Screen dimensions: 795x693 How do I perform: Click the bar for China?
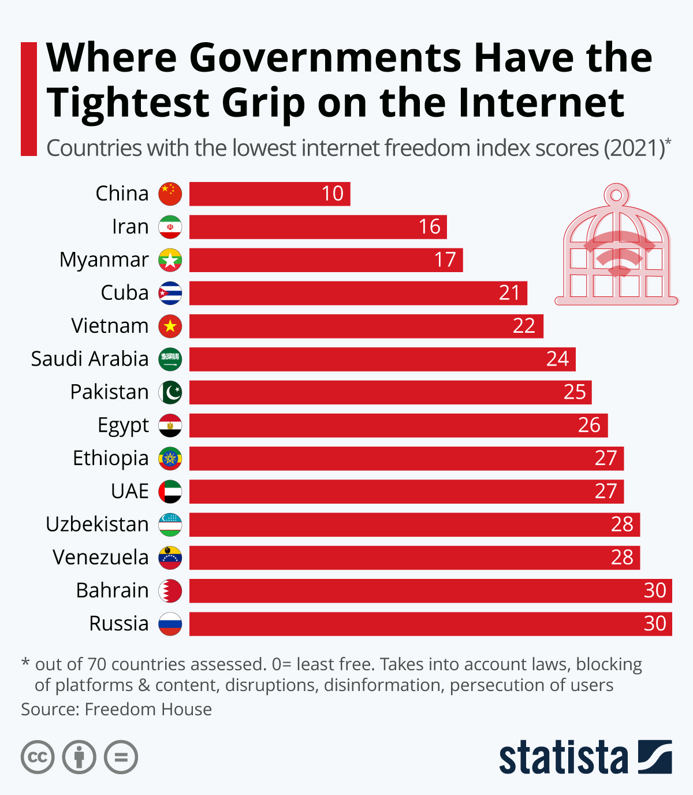pos(269,194)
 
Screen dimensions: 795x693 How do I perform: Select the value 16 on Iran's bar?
pos(429,226)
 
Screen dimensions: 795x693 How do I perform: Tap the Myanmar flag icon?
pos(170,260)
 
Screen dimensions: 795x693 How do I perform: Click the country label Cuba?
pos(124,293)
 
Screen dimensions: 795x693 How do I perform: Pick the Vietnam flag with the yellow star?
pos(170,326)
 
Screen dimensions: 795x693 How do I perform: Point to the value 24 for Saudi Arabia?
pos(557,359)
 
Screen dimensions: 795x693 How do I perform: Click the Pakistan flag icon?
pos(170,392)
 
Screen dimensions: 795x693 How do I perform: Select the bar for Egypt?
pos(398,425)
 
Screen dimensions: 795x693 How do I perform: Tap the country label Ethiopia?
pos(110,458)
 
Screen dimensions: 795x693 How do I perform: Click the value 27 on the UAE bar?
pos(606,491)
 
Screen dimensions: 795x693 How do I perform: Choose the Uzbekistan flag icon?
pos(170,525)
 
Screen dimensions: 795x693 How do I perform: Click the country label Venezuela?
pos(100,558)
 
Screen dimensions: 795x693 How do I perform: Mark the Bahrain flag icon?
pos(170,590)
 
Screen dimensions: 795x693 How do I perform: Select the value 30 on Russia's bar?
pos(655,623)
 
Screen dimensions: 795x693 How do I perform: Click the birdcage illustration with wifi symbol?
pos(616,246)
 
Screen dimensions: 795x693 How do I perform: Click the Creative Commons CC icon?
pos(38,757)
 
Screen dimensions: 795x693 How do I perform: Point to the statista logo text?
pos(563,757)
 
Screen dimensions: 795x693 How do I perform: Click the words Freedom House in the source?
pos(148,709)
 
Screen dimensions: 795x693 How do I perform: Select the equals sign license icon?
pos(121,757)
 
